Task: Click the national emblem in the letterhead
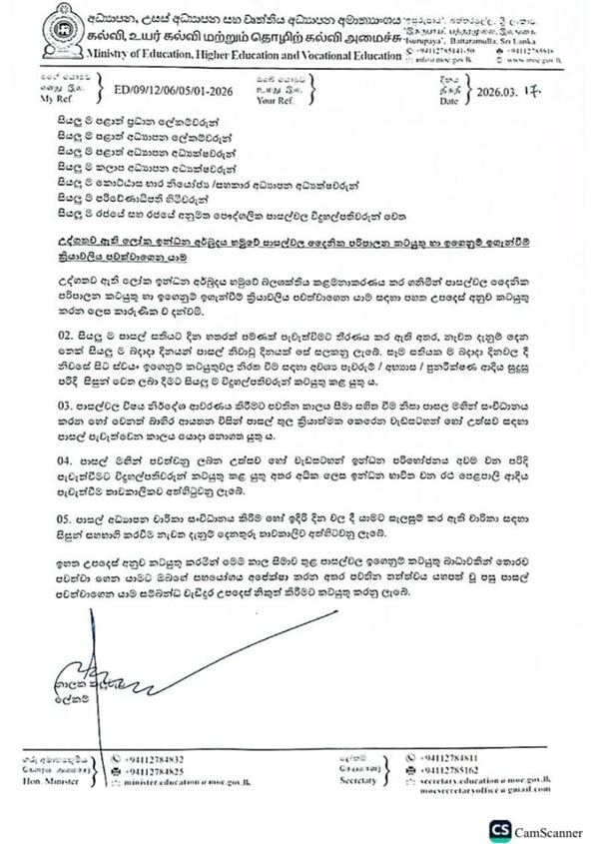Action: [45, 32]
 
